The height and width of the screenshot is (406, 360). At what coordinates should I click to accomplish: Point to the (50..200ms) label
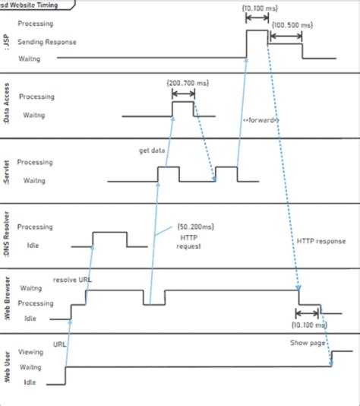[195, 227]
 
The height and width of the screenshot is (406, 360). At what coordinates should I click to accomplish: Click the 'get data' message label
[152, 151]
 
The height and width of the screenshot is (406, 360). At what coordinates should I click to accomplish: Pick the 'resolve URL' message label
[73, 280]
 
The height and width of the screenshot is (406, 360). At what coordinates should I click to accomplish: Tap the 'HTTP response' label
[321, 241]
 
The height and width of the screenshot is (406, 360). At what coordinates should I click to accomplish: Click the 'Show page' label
[308, 343]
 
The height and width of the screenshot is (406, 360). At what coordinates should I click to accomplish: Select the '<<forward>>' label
[261, 121]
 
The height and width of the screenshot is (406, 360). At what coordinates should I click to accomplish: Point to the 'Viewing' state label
[31, 353]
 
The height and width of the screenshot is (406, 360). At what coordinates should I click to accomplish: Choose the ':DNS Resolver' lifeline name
[7, 236]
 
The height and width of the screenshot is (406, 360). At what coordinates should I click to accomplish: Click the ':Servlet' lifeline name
[7, 170]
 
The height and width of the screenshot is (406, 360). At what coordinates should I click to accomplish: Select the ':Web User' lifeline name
[7, 366]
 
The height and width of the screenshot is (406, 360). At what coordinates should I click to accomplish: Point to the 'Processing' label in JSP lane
[36, 24]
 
